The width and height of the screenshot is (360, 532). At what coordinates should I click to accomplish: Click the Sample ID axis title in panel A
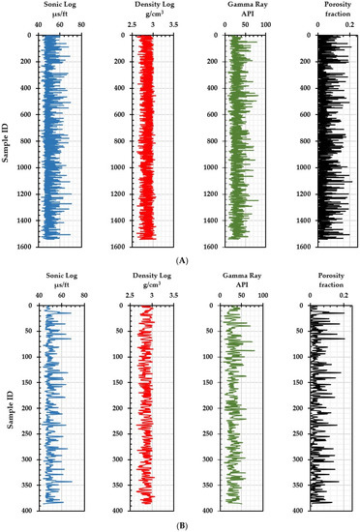click(7, 138)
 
